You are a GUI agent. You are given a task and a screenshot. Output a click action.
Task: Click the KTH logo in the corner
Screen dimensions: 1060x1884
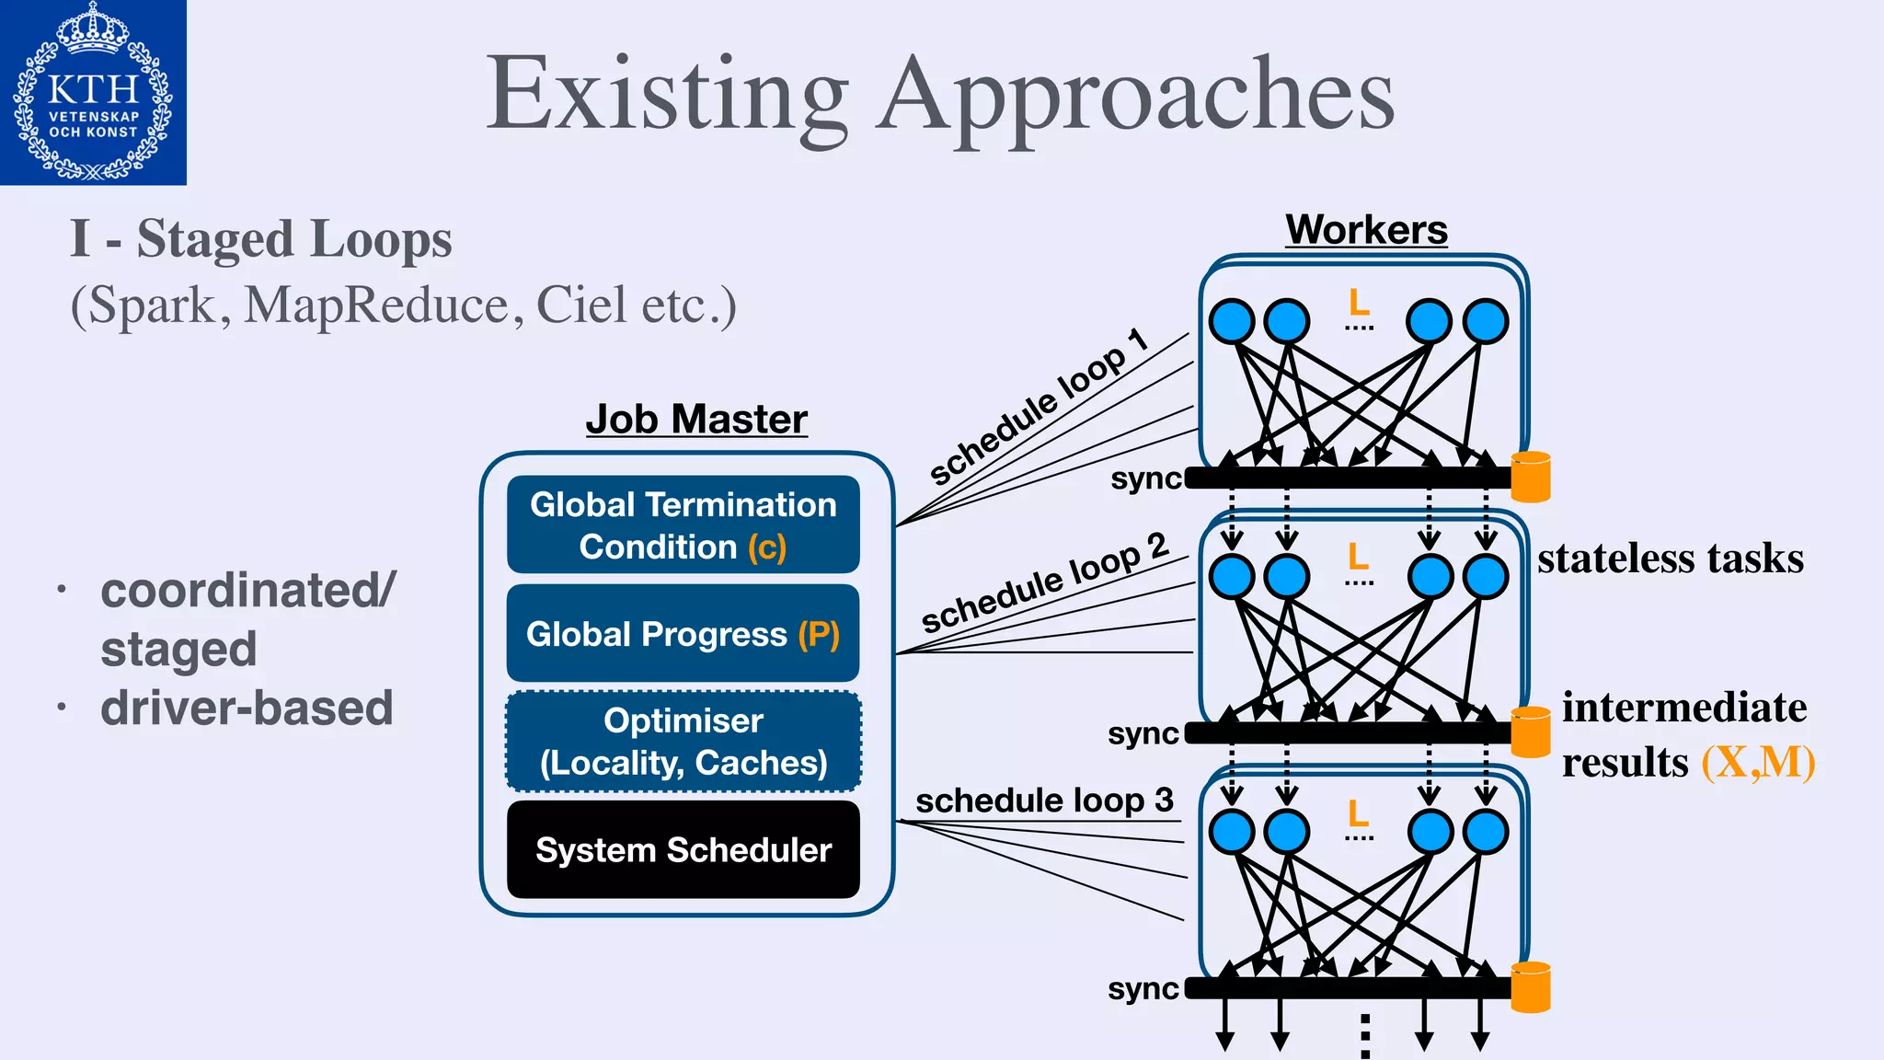click(93, 92)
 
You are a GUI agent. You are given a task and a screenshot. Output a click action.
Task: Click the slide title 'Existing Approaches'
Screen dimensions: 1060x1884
click(940, 96)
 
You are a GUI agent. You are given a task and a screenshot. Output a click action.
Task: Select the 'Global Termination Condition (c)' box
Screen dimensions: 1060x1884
click(683, 524)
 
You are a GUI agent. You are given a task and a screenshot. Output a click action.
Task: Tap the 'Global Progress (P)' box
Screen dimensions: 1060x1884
click(683, 634)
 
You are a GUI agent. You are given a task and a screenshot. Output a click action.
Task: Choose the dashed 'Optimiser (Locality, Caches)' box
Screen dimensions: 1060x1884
click(683, 742)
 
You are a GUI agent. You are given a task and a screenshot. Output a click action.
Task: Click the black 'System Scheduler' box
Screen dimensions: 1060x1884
click(683, 849)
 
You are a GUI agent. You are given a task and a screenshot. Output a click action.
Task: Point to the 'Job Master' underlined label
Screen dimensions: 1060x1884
click(696, 420)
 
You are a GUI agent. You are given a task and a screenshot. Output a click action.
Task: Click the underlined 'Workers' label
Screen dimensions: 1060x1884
click(1366, 230)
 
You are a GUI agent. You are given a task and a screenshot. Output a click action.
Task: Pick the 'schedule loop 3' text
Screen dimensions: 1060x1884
click(1044, 801)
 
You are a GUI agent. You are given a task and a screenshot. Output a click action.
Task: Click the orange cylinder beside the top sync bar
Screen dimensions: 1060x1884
click(1531, 477)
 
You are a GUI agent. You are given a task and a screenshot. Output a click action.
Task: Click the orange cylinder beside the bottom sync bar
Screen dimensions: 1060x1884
click(1531, 986)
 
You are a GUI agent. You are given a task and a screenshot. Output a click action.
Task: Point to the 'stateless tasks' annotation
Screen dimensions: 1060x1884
click(1671, 559)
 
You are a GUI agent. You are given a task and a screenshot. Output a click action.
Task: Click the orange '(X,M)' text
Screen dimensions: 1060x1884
click(1758, 762)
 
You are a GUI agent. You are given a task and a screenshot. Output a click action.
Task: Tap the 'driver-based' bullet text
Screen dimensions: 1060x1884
click(247, 709)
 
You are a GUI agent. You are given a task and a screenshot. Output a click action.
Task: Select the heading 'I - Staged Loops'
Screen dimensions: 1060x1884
click(261, 239)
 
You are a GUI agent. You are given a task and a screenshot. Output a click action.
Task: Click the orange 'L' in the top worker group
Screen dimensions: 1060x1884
click(1359, 301)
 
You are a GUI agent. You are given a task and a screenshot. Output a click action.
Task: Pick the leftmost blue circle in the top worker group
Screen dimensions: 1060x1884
click(1232, 321)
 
